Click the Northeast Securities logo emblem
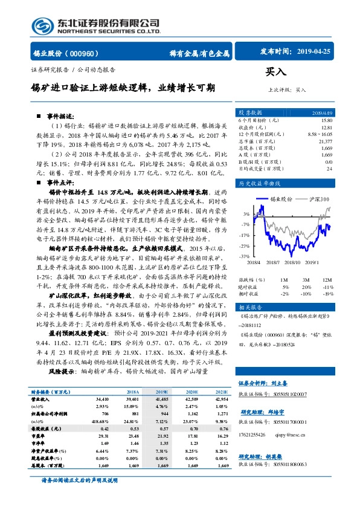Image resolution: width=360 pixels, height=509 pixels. tap(43, 25)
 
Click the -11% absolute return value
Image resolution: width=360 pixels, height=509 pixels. tap(328, 287)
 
